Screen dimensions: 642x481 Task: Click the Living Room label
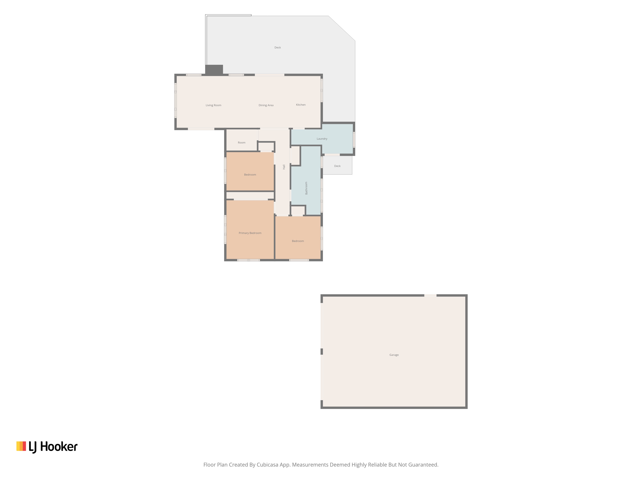pyautogui.click(x=213, y=105)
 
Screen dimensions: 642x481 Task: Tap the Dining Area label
pyautogui.click(x=266, y=105)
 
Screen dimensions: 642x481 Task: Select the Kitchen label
pyautogui.click(x=301, y=105)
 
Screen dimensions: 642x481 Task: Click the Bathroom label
pyautogui.click(x=306, y=188)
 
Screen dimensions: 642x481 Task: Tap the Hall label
pyautogui.click(x=284, y=167)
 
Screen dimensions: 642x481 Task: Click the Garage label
pyautogui.click(x=394, y=355)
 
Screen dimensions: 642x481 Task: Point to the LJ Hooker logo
pyautogui.click(x=47, y=447)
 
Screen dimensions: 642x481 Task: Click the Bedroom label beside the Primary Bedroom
pyautogui.click(x=298, y=241)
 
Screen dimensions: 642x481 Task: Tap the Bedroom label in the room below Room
pyautogui.click(x=250, y=175)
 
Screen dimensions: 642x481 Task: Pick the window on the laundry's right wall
pyautogui.click(x=354, y=140)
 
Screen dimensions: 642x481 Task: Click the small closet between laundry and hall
pyautogui.click(x=295, y=155)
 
